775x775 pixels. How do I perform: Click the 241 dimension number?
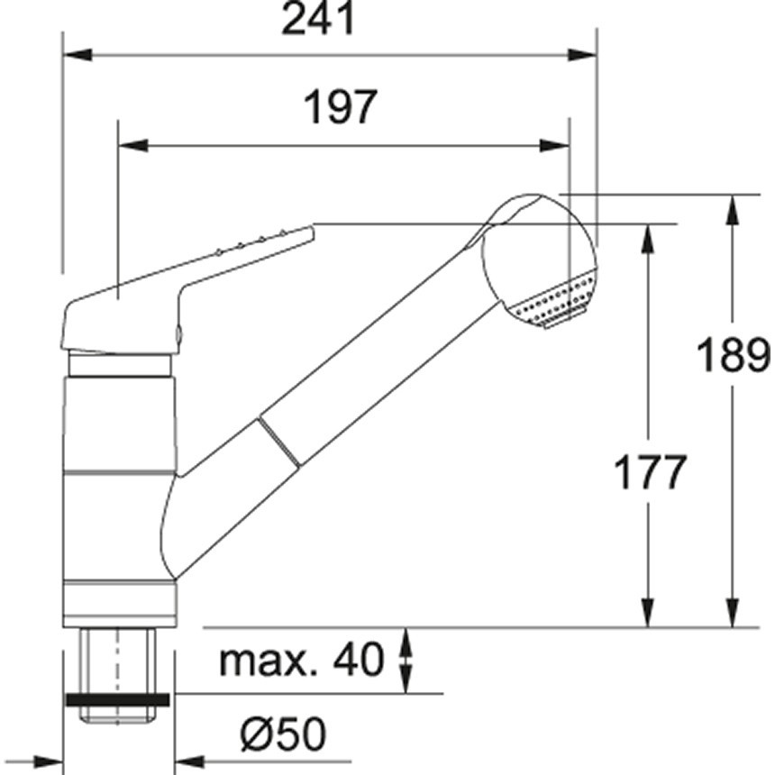[319, 18]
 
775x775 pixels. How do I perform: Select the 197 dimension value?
[341, 107]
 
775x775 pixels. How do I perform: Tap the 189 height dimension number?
[733, 354]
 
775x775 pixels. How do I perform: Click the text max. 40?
[301, 660]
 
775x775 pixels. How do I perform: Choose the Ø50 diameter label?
[283, 733]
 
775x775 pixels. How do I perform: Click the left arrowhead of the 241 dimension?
[77, 55]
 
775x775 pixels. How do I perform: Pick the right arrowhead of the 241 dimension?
[583, 55]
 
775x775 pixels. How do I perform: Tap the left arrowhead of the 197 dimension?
[133, 146]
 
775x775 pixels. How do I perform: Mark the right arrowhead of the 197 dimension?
[555, 146]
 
